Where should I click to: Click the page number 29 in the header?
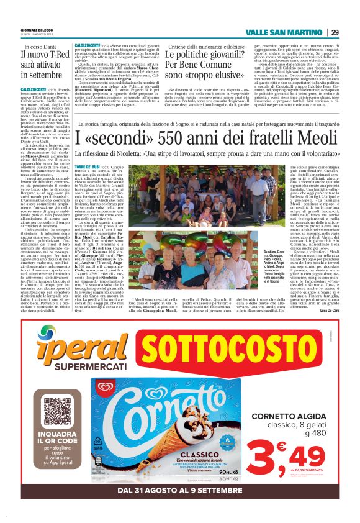(x=335, y=32)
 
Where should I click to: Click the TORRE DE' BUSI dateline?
(x=87, y=168)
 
